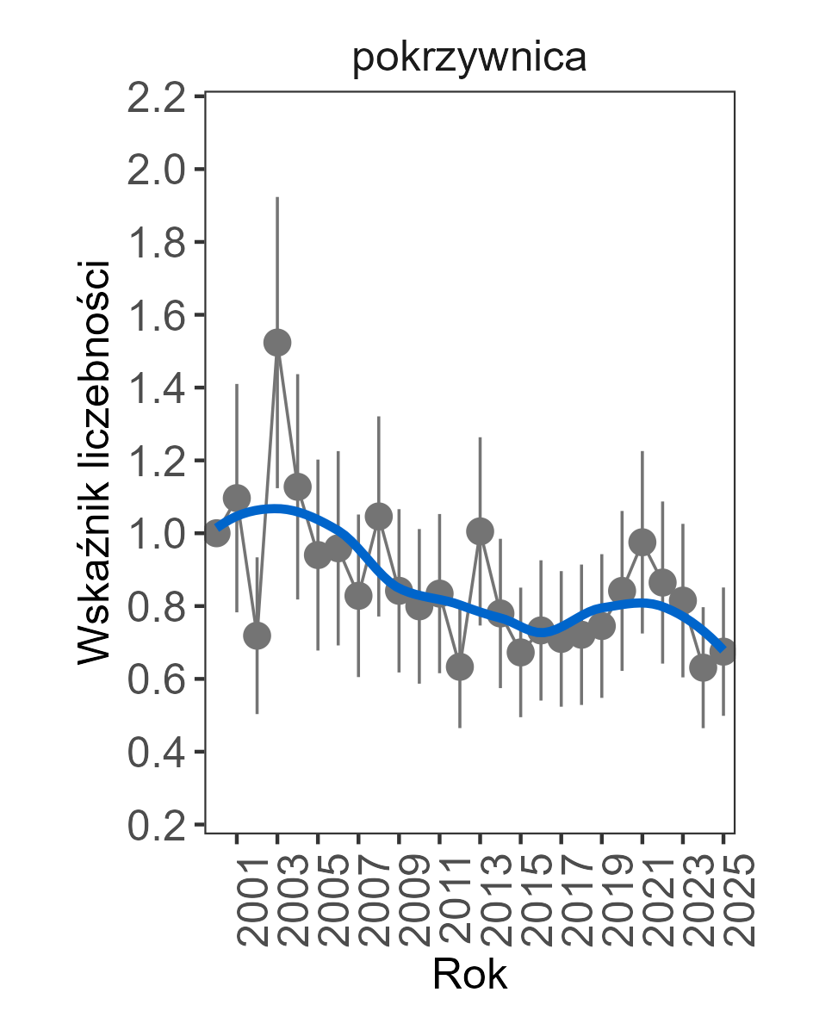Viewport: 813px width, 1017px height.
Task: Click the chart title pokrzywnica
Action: point(469,59)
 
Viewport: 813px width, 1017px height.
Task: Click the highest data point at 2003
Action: point(277,343)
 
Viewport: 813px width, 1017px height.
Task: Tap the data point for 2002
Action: point(257,636)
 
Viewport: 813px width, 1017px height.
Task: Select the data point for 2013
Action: point(480,530)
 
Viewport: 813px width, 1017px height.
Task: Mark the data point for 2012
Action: point(460,667)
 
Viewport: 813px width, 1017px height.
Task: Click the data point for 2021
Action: point(642,543)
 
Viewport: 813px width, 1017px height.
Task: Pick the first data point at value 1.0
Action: point(217,534)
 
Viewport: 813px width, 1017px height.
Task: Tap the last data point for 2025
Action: point(723,652)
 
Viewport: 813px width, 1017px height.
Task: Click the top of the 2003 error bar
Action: point(277,198)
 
